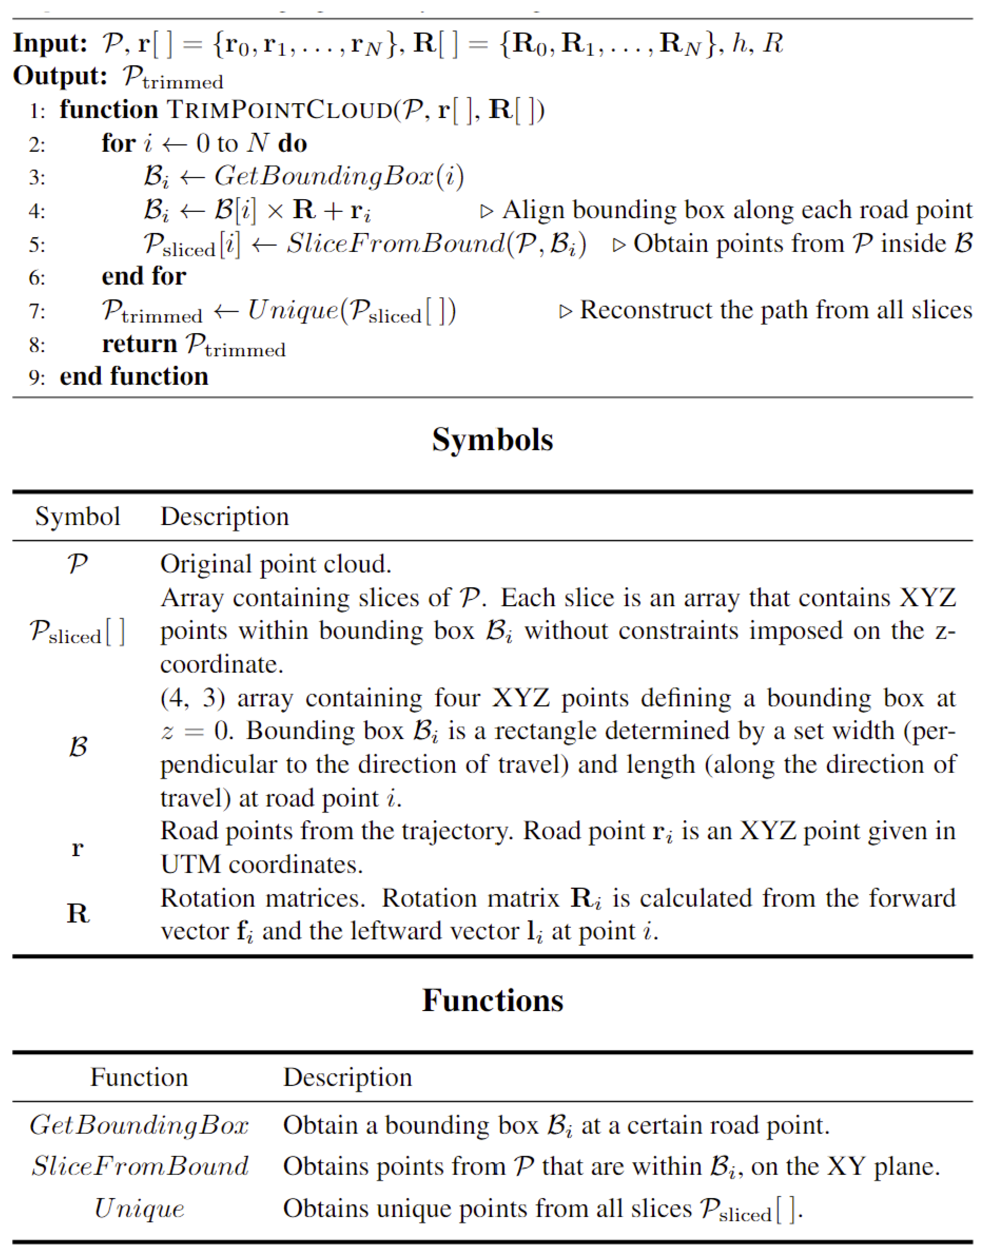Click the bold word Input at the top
pos(50,43)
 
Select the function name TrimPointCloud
pos(280,109)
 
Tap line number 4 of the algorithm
pos(36,211)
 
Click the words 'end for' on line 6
pos(144,276)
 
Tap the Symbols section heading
pos(492,440)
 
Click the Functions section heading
pos(492,1000)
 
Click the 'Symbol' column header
pos(77,516)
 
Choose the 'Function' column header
pos(139,1077)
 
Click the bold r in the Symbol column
pos(77,848)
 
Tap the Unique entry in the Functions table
pos(139,1208)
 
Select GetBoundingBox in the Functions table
pos(139,1126)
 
